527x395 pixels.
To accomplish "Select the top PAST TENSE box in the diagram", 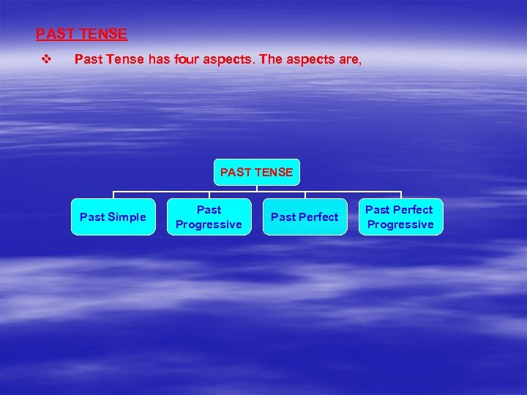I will (256, 173).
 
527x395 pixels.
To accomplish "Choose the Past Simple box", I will (113, 217).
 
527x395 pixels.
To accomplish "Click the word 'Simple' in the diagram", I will (127, 217).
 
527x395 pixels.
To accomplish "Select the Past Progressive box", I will (209, 217).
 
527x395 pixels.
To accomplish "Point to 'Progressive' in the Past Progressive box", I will (209, 225).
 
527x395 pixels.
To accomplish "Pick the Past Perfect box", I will (304, 217).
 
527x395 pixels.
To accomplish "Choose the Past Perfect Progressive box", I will (400, 217).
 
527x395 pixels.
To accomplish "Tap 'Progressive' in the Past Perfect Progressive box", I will (400, 225).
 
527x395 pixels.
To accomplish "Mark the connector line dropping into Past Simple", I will (113, 195).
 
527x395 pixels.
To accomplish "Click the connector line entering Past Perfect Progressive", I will (400, 195).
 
